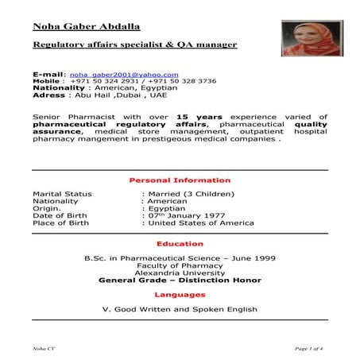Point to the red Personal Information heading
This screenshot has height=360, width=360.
[x=180, y=180]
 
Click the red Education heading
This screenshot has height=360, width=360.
[x=180, y=244]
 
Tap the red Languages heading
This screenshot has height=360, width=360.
[x=180, y=295]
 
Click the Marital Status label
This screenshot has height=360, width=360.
[x=62, y=194]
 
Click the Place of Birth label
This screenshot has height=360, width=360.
[x=61, y=223]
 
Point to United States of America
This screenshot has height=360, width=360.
[x=199, y=223]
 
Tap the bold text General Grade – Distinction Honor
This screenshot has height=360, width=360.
[x=180, y=280]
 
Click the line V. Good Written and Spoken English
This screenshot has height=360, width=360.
[x=180, y=308]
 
